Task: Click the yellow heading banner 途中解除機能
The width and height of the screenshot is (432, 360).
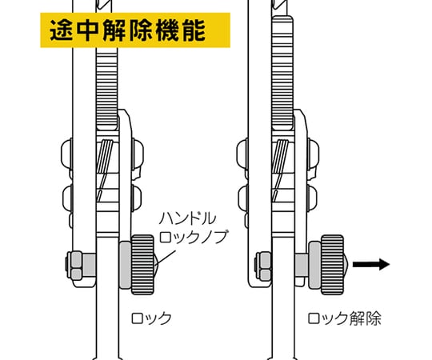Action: [135, 30]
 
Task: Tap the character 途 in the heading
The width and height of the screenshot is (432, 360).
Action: [61, 30]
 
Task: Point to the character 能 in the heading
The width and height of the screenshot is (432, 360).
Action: [194, 30]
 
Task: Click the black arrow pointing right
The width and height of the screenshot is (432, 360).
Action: [371, 265]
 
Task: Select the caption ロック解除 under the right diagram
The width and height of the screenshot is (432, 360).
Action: [344, 318]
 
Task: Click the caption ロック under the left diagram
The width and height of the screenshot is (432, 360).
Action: [151, 318]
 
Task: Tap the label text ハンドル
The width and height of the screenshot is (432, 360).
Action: [188, 218]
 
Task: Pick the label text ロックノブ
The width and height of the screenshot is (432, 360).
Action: [194, 237]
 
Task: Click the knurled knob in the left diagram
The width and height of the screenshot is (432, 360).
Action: [142, 265]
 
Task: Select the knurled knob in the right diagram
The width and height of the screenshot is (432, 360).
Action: [333, 265]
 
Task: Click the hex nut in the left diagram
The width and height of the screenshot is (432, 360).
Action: [74, 266]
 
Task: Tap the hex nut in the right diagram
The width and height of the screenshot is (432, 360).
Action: [263, 266]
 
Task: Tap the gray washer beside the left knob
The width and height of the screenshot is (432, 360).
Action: [125, 265]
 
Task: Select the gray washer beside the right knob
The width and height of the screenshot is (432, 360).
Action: [314, 265]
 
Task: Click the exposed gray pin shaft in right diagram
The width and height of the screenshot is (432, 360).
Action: [302, 266]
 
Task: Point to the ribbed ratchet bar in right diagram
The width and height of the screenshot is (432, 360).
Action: [282, 72]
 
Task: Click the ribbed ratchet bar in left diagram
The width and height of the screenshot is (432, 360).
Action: [107, 88]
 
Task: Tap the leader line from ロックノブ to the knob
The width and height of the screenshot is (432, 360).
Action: [166, 258]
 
